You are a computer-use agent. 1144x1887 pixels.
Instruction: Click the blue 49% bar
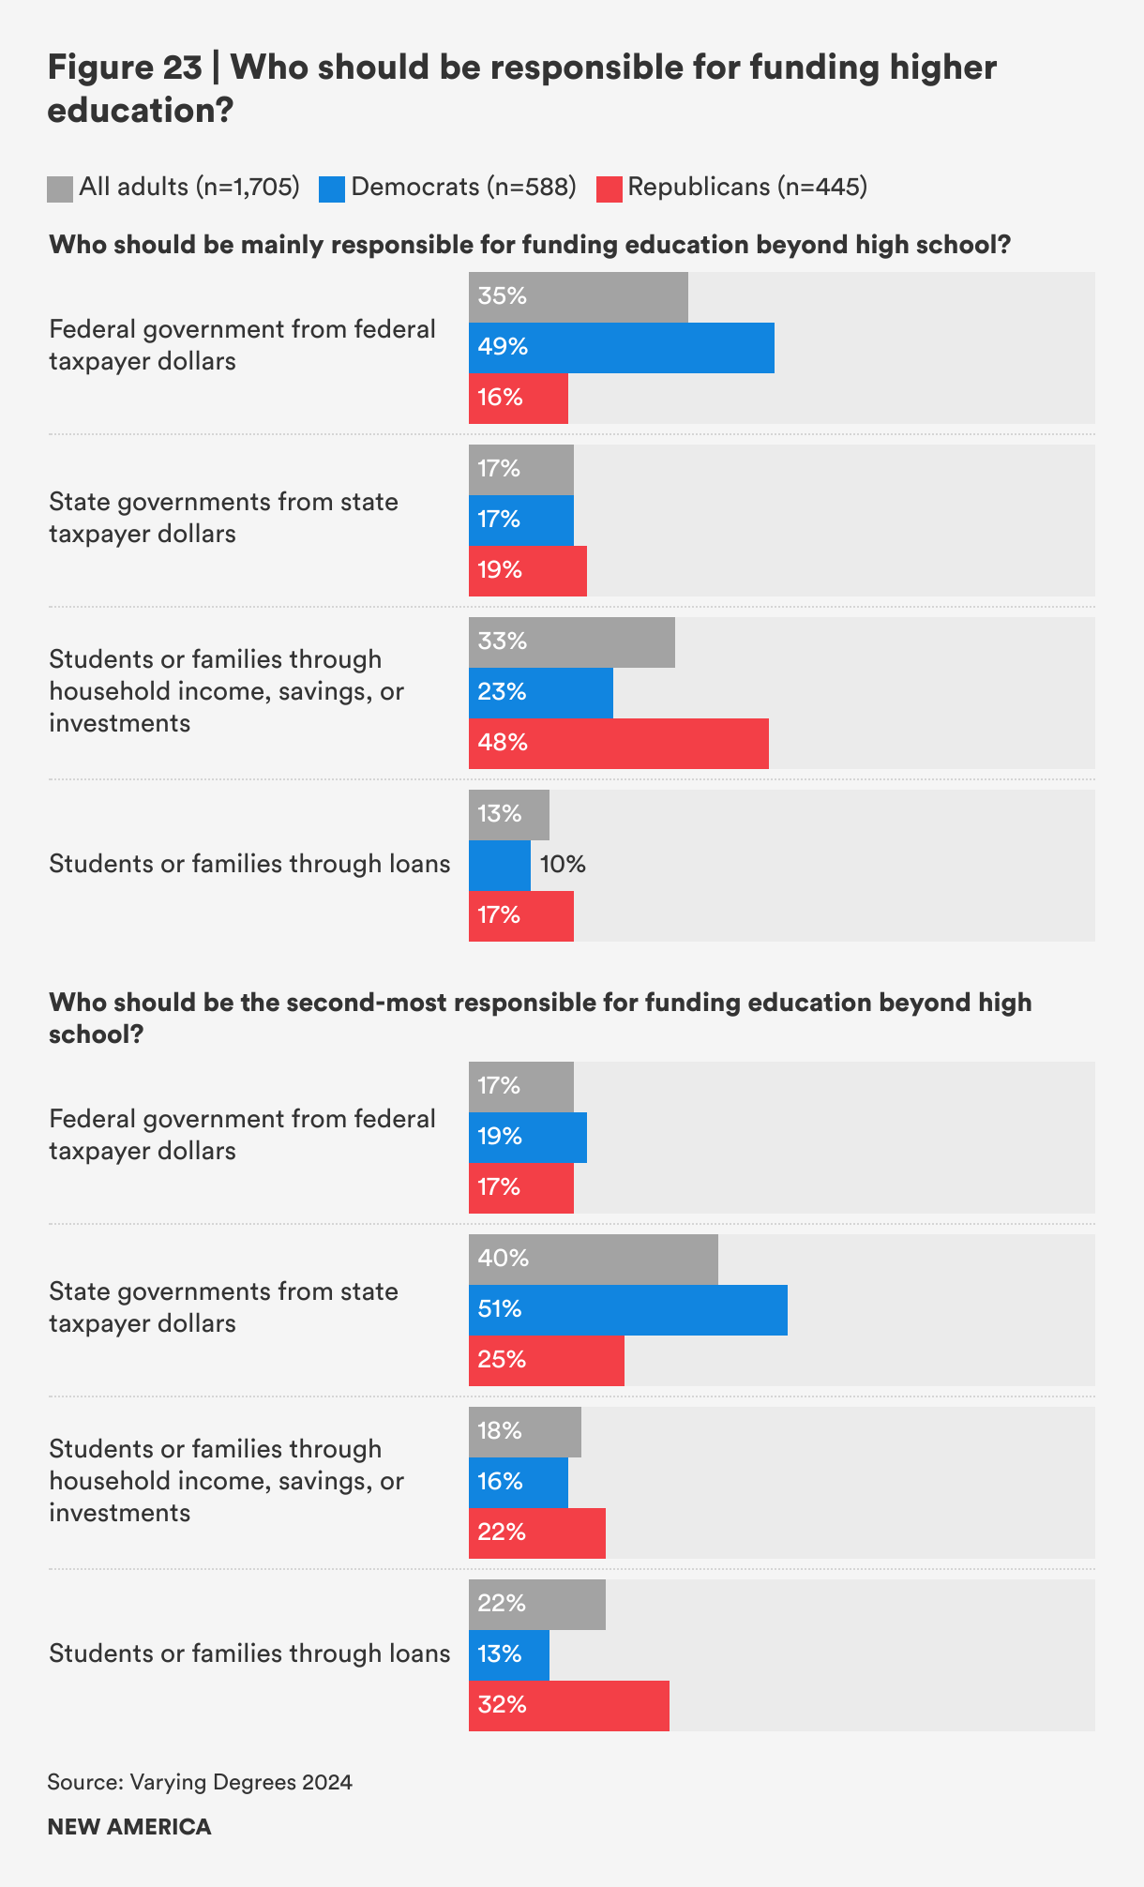tap(622, 348)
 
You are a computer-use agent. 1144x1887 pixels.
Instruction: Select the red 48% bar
tap(619, 744)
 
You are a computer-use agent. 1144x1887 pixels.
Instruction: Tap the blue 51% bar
tap(628, 1310)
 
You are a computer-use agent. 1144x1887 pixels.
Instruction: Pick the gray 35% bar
tap(579, 297)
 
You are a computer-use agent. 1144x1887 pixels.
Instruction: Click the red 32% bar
tap(569, 1706)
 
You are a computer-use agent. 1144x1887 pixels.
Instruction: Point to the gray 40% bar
tap(594, 1260)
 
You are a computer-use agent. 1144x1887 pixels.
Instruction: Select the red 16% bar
tap(519, 399)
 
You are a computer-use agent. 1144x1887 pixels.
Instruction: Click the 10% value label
tap(563, 865)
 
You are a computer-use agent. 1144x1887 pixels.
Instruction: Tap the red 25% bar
tap(547, 1361)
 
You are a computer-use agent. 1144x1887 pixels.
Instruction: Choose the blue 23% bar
tap(541, 693)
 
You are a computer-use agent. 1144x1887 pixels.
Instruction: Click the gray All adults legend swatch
tap(60, 189)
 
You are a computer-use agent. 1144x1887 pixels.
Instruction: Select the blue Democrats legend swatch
tap(332, 189)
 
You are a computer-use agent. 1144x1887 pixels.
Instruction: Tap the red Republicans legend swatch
tap(610, 189)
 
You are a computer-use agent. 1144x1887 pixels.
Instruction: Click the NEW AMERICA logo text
tap(129, 1827)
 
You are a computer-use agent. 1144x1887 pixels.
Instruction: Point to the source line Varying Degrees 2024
tap(200, 1782)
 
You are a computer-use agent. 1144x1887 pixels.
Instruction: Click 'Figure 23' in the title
tap(125, 68)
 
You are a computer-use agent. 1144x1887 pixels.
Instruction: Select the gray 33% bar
tap(572, 642)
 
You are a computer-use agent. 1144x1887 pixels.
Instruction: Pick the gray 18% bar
tap(525, 1432)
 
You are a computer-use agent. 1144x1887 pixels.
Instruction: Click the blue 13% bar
tap(509, 1655)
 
